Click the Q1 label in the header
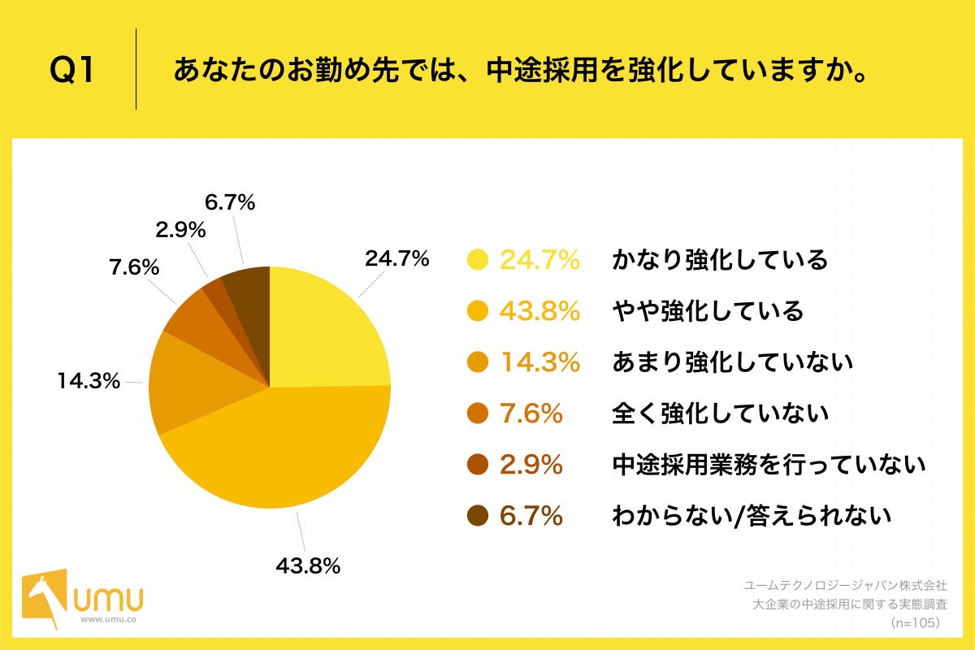72,71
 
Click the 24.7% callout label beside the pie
396,259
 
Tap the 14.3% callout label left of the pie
89,380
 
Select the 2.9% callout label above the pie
180,231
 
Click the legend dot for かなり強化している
478,260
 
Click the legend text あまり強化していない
732,362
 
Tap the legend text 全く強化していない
720,414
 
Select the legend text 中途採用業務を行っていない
769,465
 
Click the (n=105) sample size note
915,622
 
